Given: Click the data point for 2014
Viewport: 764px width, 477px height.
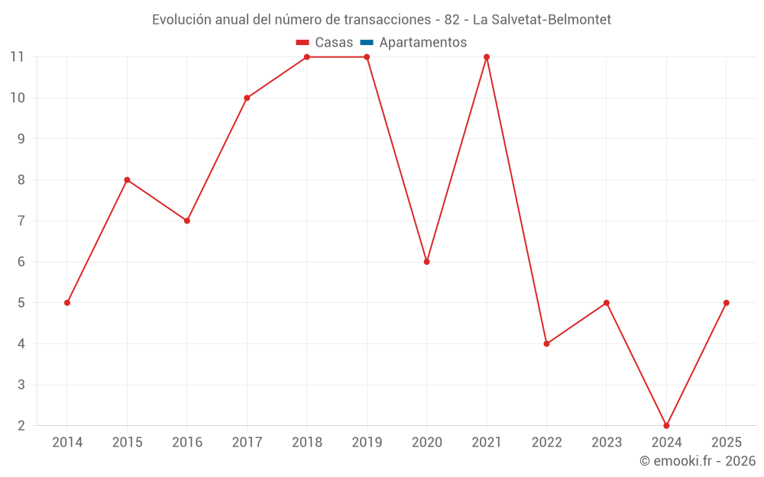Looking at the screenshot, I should (67, 303).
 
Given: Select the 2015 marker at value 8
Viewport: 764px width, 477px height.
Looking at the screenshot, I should (127, 180).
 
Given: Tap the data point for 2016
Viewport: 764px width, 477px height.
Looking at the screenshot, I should (187, 221).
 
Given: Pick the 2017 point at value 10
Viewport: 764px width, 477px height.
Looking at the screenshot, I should (247, 98).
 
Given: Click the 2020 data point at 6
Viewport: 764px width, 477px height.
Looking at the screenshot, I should (427, 262).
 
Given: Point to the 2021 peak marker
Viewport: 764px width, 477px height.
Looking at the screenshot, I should (487, 57).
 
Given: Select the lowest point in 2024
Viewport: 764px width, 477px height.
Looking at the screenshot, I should (666, 425).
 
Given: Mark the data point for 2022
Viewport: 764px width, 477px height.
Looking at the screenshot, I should (546, 343).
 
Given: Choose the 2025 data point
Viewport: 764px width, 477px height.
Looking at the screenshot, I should (727, 303).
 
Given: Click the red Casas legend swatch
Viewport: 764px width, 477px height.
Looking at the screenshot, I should (302, 43).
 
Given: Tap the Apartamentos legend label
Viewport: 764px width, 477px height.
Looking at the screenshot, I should (422, 43).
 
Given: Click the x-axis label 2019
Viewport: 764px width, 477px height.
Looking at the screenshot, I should (367, 443).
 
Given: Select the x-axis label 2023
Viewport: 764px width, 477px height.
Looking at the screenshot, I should (607, 443).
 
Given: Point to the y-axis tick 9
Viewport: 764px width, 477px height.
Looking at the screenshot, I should (21, 139).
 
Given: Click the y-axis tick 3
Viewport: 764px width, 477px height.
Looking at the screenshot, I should (21, 385).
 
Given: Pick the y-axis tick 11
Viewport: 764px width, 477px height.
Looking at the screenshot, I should (18, 56).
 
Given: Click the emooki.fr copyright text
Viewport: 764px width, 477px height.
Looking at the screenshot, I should (697, 461).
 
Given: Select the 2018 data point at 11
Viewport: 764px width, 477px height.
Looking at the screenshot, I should (307, 57).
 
